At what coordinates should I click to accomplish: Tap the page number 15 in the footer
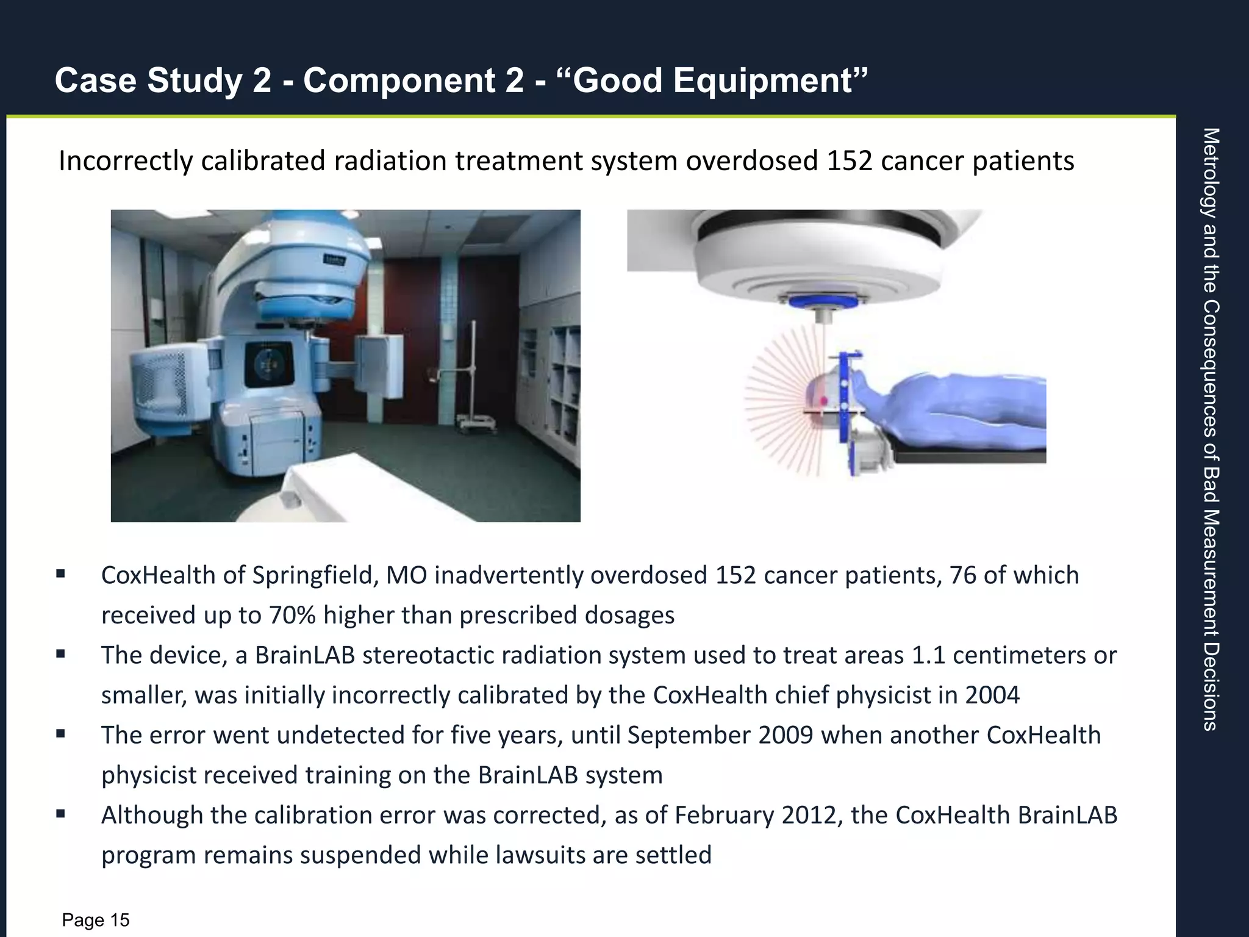coord(120,920)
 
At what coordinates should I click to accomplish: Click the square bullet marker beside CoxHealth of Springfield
coord(60,574)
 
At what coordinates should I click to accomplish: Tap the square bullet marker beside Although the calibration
coord(60,814)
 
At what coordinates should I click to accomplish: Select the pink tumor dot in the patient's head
coord(823,401)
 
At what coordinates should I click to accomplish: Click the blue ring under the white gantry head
coord(823,301)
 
